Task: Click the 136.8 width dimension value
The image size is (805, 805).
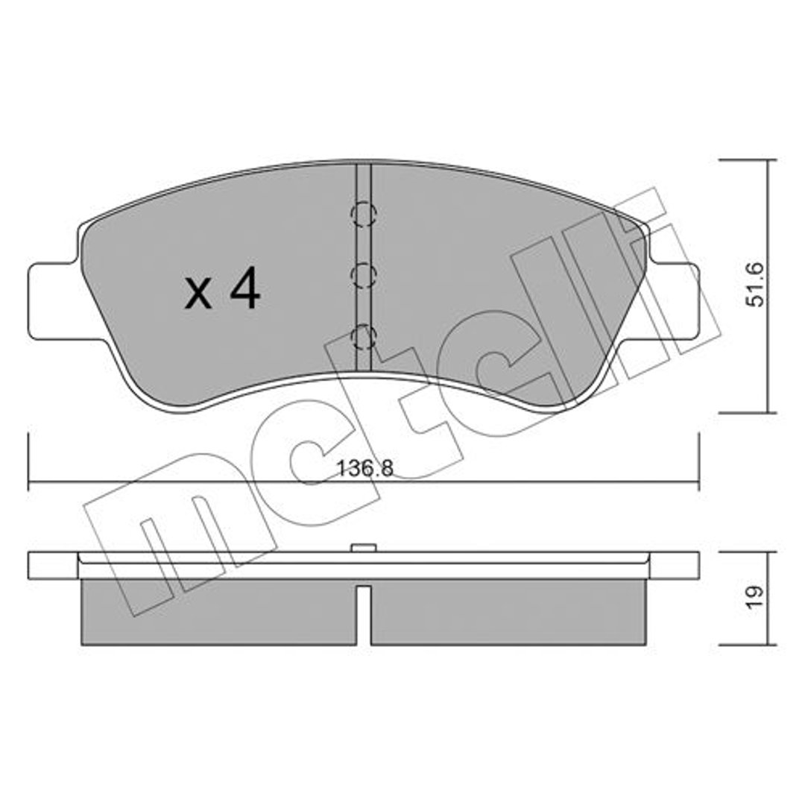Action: tap(364, 468)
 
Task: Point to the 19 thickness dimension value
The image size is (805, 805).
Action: tap(755, 598)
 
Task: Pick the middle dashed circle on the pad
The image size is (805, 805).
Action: tap(364, 276)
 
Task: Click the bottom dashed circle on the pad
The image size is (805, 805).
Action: tap(364, 338)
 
